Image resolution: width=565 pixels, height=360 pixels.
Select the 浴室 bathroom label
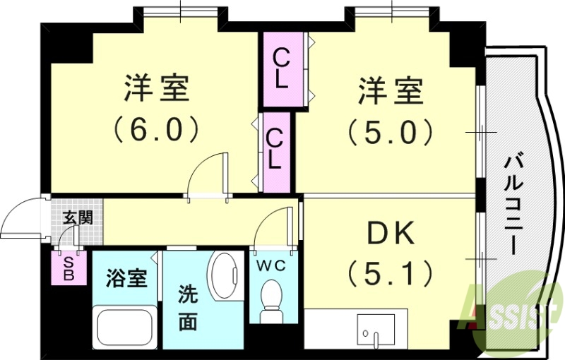127,278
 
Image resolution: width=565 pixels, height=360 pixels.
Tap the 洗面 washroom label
187,307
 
